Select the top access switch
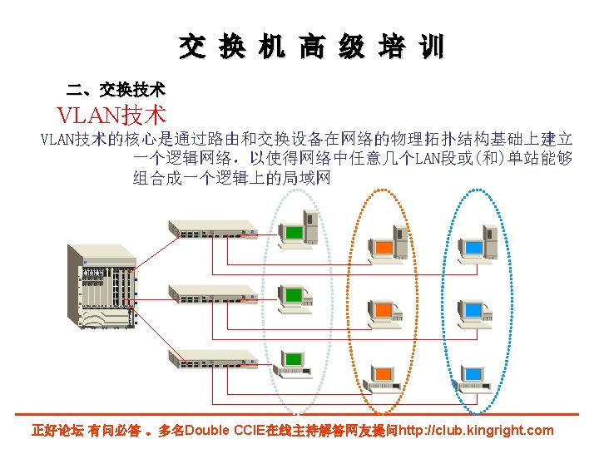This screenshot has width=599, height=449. point(211,226)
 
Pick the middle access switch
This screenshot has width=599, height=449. point(211,293)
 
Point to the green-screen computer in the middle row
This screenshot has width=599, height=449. point(294,298)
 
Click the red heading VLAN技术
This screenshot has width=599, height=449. point(111,115)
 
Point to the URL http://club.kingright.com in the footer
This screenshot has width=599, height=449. point(477,430)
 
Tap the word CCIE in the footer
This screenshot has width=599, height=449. point(252,430)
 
